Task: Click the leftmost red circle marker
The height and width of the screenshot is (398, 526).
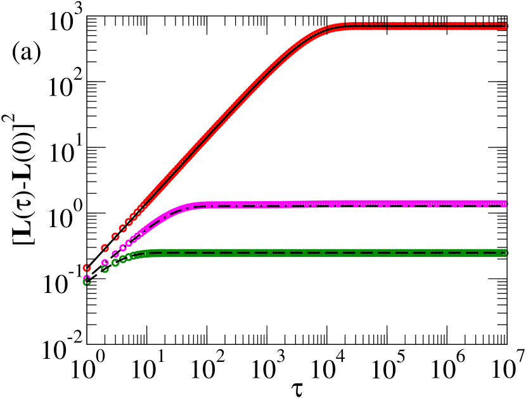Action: (x=87, y=268)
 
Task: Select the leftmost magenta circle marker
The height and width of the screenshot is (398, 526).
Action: (x=87, y=278)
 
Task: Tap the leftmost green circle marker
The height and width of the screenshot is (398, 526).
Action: (x=87, y=282)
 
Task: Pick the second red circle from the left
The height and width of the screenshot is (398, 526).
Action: (x=105, y=248)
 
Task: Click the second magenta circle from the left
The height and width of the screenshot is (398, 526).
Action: (x=105, y=263)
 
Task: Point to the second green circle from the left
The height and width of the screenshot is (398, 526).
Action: (x=105, y=269)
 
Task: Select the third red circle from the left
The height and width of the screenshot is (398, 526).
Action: (x=115, y=237)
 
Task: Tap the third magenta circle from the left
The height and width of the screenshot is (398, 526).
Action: (x=115, y=254)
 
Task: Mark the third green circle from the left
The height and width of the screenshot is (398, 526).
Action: (x=115, y=263)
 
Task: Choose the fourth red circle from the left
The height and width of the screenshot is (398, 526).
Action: (x=122, y=228)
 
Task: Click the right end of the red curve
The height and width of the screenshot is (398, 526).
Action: (x=506, y=26)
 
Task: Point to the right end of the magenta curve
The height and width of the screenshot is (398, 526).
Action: (x=506, y=204)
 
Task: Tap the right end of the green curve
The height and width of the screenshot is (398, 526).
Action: (x=506, y=253)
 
